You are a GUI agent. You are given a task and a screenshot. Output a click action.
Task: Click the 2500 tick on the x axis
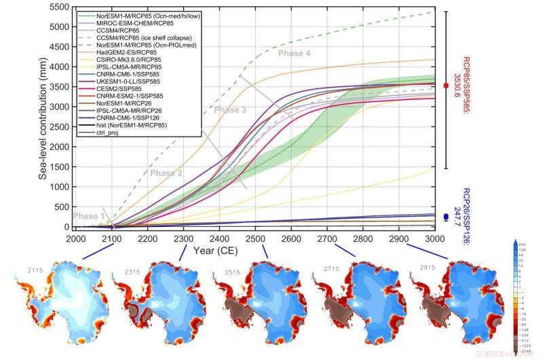(x=255, y=238)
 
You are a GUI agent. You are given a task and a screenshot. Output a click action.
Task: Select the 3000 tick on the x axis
(x=434, y=238)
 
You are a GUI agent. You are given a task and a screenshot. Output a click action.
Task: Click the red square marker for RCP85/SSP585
(x=445, y=86)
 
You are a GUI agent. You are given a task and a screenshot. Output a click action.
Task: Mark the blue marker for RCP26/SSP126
(x=445, y=217)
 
